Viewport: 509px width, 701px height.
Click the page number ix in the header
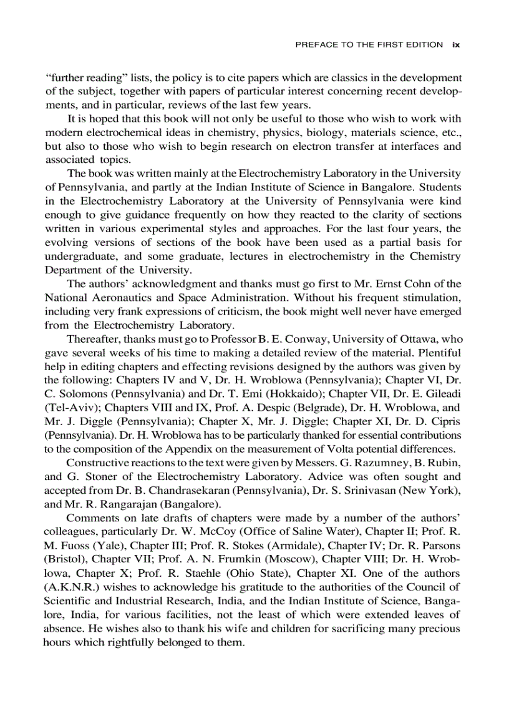pos(456,45)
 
